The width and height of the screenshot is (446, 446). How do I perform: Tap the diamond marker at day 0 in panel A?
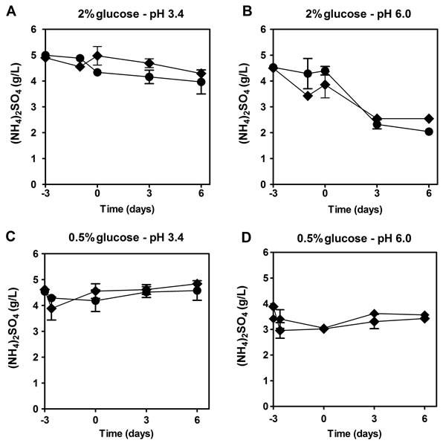click(97, 56)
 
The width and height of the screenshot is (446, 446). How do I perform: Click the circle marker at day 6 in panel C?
click(197, 290)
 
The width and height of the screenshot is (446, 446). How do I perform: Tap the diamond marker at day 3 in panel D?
click(375, 314)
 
